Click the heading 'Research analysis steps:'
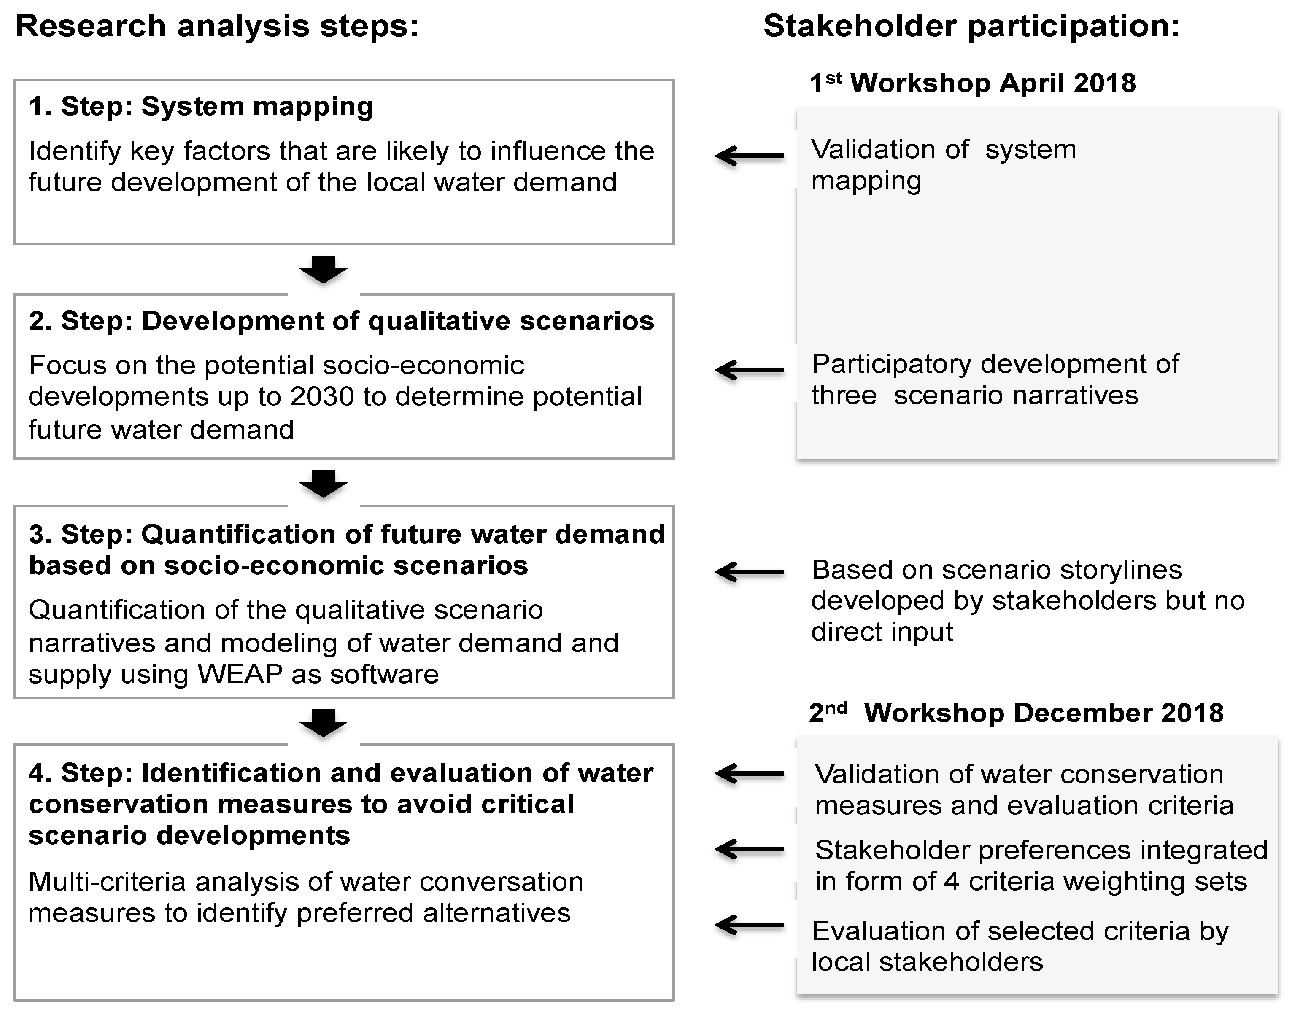(x=217, y=27)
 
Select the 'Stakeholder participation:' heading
(x=971, y=27)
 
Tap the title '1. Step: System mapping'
(x=201, y=107)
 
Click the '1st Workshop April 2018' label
(x=973, y=83)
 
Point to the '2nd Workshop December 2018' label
(x=1016, y=713)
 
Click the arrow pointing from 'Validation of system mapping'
(x=749, y=156)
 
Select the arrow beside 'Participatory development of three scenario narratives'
(x=749, y=370)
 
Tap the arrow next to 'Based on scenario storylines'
(x=749, y=572)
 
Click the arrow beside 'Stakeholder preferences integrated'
(x=749, y=850)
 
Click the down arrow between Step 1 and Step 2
(x=323, y=269)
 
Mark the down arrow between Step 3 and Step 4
(x=323, y=722)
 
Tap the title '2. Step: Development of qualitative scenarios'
(x=341, y=321)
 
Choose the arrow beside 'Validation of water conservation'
(x=749, y=773)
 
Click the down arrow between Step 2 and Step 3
(x=323, y=484)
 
